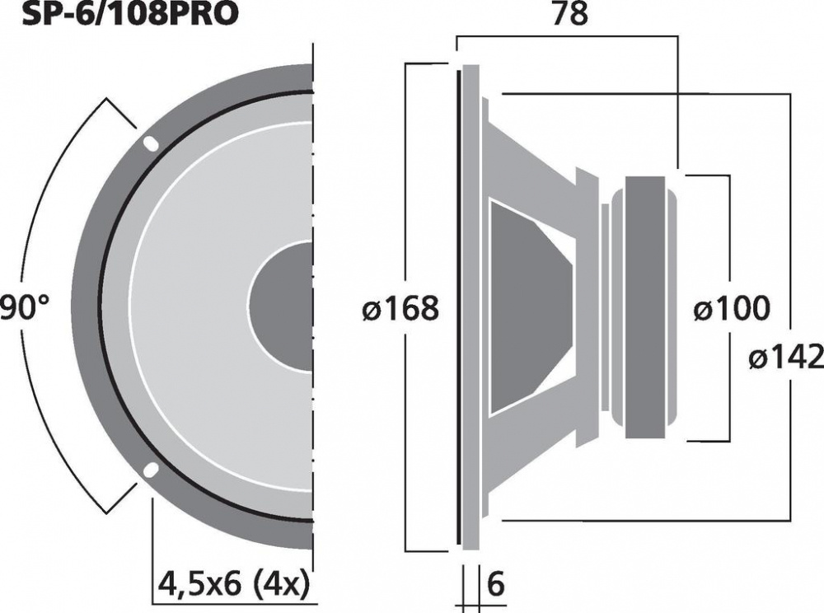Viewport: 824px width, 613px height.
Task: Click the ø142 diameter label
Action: [x=786, y=358]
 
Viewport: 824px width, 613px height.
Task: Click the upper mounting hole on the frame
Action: [x=150, y=143]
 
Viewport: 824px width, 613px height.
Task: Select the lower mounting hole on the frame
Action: [x=150, y=470]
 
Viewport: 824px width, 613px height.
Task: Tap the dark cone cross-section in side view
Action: [x=527, y=306]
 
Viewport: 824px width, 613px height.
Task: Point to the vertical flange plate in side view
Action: [x=470, y=306]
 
